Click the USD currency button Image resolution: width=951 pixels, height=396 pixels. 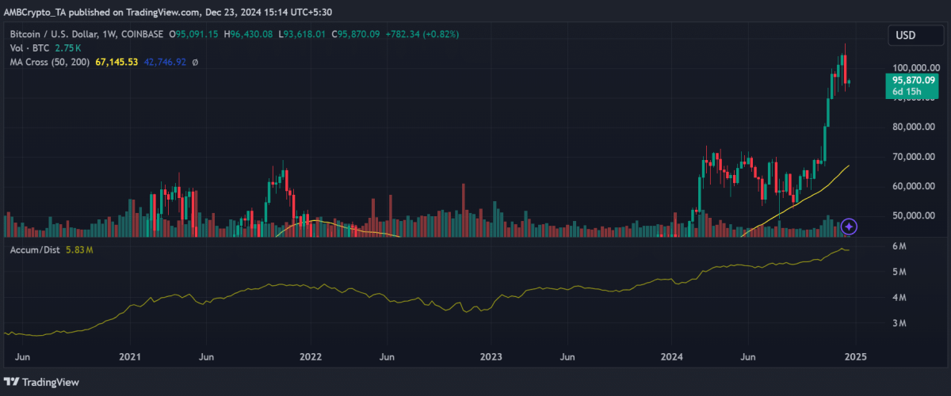tap(905, 35)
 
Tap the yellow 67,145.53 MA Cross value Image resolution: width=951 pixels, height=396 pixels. tap(116, 61)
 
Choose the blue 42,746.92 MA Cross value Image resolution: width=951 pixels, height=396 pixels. tap(164, 61)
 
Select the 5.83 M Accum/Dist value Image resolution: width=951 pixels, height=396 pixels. tap(79, 250)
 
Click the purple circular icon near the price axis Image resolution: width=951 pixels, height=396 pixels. tap(849, 227)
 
